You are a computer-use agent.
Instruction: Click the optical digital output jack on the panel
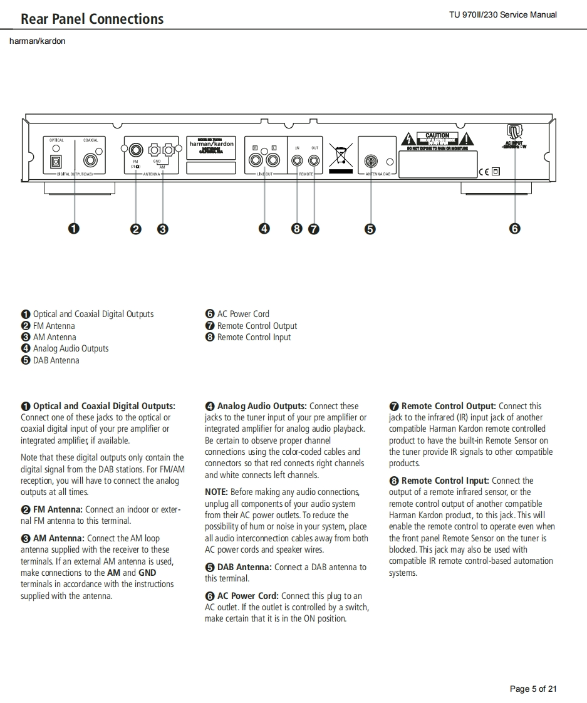click(x=56, y=161)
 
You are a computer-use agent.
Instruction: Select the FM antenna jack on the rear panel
click(x=135, y=150)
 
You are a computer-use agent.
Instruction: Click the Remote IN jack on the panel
click(x=297, y=161)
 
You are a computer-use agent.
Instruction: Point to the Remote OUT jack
click(x=314, y=161)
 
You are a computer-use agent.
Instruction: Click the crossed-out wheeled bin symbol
click(x=340, y=157)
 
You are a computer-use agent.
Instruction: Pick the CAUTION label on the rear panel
click(x=437, y=135)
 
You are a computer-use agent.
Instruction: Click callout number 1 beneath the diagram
click(x=74, y=229)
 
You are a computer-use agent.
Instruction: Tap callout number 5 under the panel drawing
click(x=370, y=229)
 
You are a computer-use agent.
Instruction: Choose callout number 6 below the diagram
click(x=514, y=229)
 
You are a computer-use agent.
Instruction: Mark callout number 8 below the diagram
click(x=297, y=229)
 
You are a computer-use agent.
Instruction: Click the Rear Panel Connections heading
click(x=92, y=19)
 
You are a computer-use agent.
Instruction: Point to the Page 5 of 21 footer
click(x=533, y=689)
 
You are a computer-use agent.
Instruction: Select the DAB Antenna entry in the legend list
click(x=56, y=360)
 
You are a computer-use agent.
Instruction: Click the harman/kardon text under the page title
click(x=37, y=41)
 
